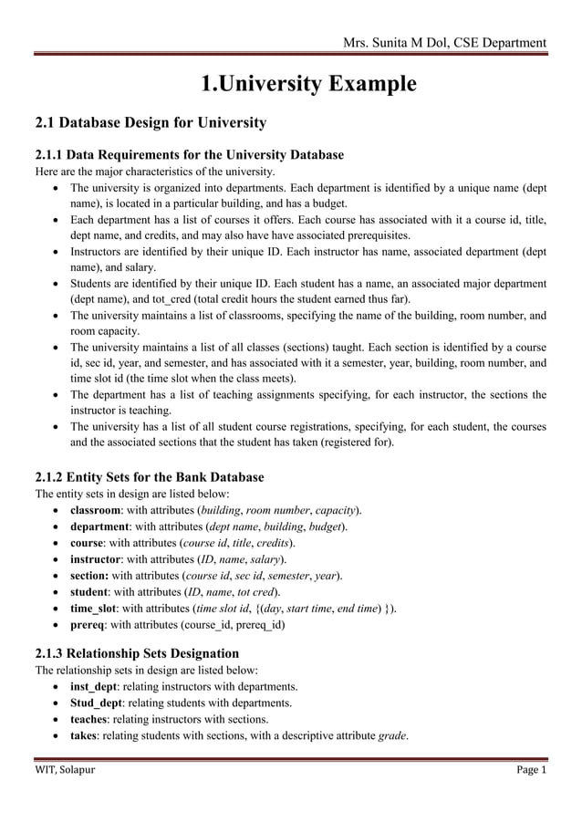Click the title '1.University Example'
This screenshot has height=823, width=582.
pyautogui.click(x=308, y=85)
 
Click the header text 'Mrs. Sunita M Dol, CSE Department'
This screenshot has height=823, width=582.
pyautogui.click(x=443, y=42)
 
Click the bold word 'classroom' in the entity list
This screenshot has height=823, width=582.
pyautogui.click(x=101, y=509)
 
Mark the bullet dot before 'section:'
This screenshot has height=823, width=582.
pyautogui.click(x=59, y=575)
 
